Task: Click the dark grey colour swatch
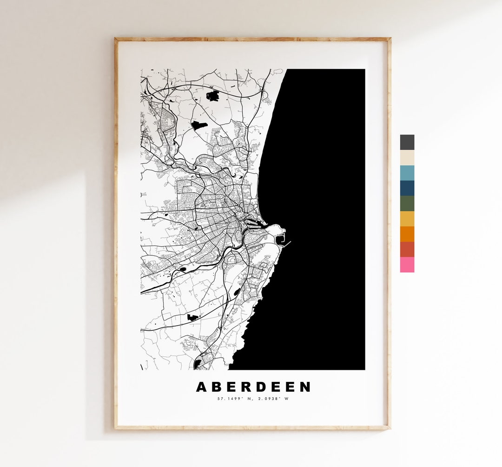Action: (407, 142)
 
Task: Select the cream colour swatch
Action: (407, 158)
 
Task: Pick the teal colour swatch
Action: (407, 173)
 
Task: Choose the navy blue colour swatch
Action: (407, 188)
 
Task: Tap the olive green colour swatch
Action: (407, 204)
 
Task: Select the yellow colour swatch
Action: (407, 219)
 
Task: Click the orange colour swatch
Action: (407, 234)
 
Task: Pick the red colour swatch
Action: (407, 249)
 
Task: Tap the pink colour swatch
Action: (407, 265)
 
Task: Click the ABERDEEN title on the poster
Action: (253, 387)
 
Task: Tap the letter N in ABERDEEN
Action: (304, 387)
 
